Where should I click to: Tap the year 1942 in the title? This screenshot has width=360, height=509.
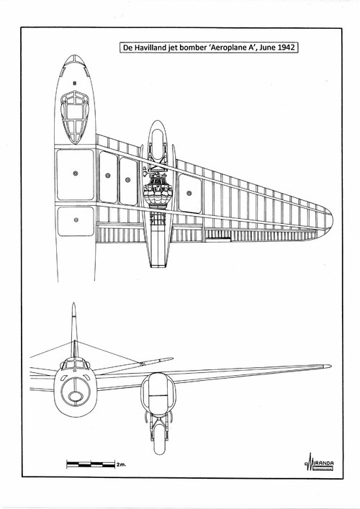coord(287,48)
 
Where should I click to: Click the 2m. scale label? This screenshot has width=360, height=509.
coord(121,464)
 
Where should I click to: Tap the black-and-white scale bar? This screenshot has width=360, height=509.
coord(91,464)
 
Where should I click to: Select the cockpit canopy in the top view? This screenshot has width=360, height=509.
coord(75,117)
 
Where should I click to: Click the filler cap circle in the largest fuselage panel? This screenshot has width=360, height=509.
coord(76,174)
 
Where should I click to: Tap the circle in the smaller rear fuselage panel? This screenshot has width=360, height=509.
coord(76,220)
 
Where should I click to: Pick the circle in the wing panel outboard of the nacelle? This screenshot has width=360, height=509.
coord(189,194)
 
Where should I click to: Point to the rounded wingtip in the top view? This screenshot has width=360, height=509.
coord(328,220)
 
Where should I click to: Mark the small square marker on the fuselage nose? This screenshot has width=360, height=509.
coord(75,83)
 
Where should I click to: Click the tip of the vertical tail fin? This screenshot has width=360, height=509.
coord(73,304)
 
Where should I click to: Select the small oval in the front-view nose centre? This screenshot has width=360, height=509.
coord(75,396)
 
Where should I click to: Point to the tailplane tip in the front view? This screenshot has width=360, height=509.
coord(171,359)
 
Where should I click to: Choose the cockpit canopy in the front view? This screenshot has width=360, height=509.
coord(75,363)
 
